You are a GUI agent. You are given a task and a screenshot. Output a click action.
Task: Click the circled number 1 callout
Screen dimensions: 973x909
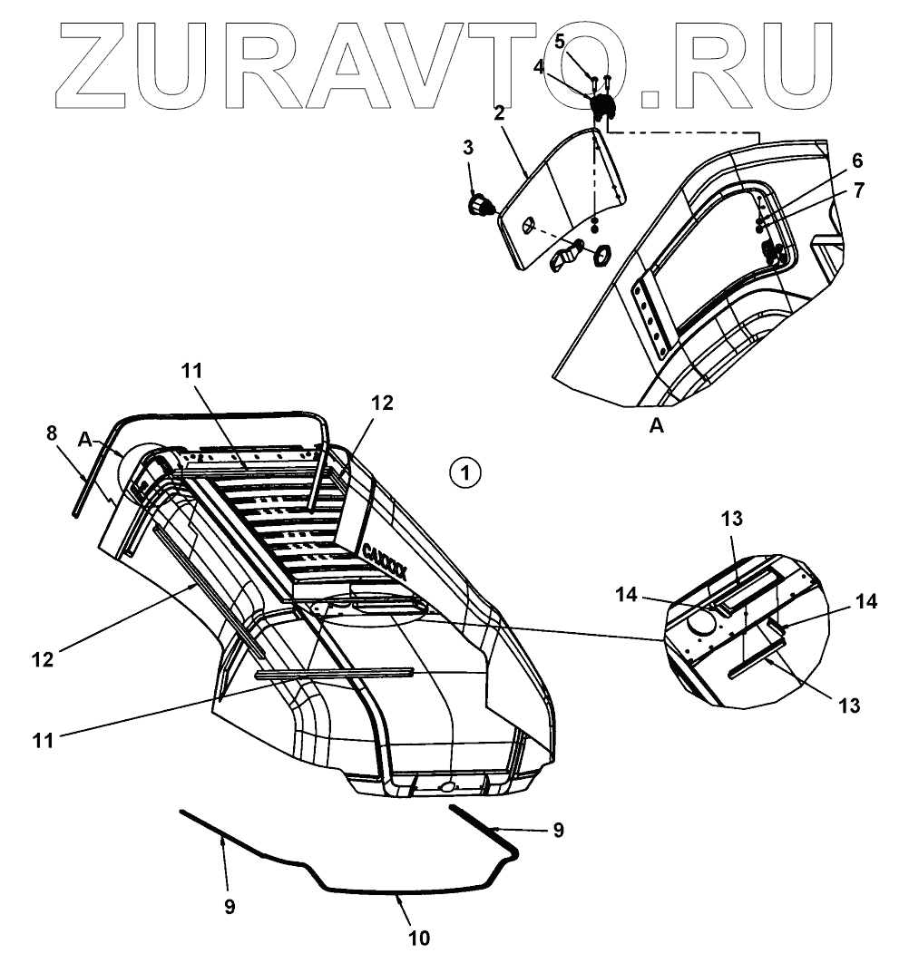[464, 472]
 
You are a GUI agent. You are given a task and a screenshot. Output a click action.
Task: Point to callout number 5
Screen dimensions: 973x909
[560, 41]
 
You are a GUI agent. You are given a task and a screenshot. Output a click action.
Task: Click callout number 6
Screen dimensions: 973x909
[856, 161]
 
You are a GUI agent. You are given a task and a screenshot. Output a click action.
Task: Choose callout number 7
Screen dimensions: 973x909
[858, 190]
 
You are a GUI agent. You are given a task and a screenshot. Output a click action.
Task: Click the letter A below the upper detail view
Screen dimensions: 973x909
[657, 426]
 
